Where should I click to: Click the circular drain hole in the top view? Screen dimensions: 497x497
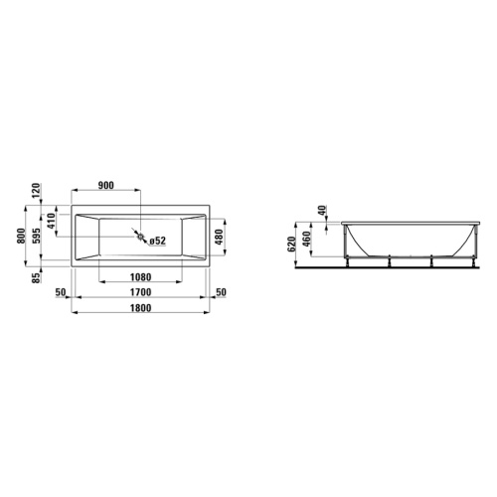pos(141,239)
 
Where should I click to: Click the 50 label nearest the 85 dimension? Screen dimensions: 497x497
pos(60,293)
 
